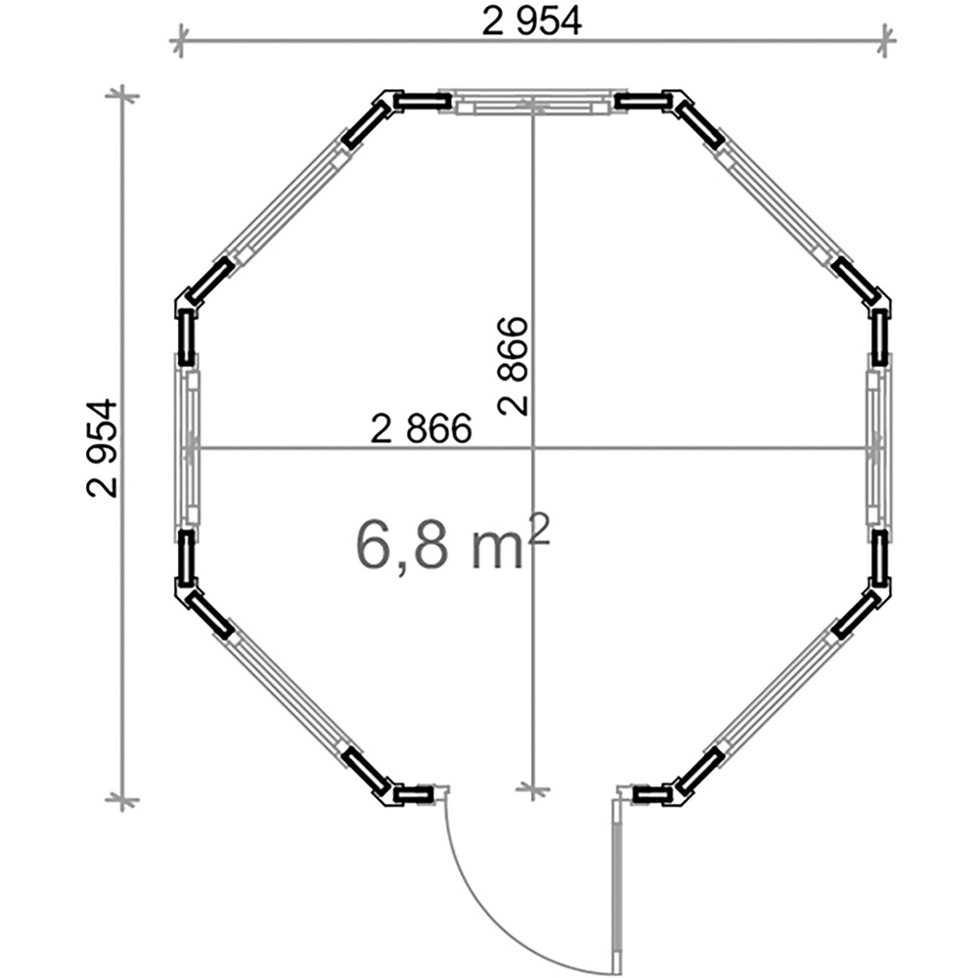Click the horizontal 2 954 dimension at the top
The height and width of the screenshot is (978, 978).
click(x=532, y=22)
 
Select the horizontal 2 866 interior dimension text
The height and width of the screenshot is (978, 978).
click(x=421, y=429)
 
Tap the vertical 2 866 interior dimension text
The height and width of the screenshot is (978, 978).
click(x=513, y=366)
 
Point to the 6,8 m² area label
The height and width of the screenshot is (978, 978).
click(x=453, y=542)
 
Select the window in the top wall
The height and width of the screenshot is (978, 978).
click(x=532, y=103)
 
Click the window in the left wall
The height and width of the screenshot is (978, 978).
click(x=187, y=447)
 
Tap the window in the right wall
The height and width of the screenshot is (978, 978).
click(x=878, y=447)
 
